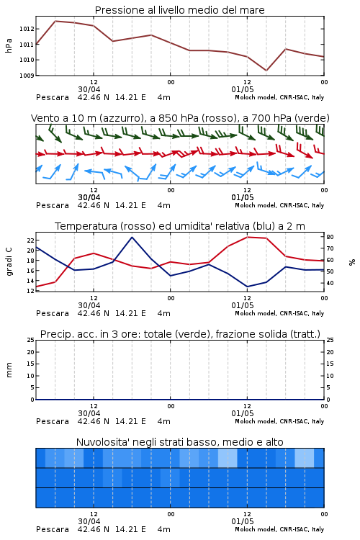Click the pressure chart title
pos(179,10)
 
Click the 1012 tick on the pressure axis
pos(27,29)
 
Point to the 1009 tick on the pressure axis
pos(27,76)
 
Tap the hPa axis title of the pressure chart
pos(9,45)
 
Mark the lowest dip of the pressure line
pos(266,71)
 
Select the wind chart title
pos(180,118)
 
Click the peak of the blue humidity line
pos(132,237)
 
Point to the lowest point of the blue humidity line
pos(247,287)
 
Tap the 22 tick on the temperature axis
pos(30,240)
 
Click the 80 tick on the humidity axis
pos(330,237)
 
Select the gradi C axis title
pos(9,262)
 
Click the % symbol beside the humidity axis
pos(352,262)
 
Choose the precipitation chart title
pos(180,334)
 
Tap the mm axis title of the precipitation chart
pos(9,370)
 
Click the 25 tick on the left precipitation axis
pos(31,340)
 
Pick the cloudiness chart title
pos(179,442)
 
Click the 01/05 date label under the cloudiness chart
pos(243,521)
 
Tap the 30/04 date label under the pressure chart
pos(89,89)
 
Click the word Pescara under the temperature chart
pos(53,313)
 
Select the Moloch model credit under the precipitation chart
pos(279,421)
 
